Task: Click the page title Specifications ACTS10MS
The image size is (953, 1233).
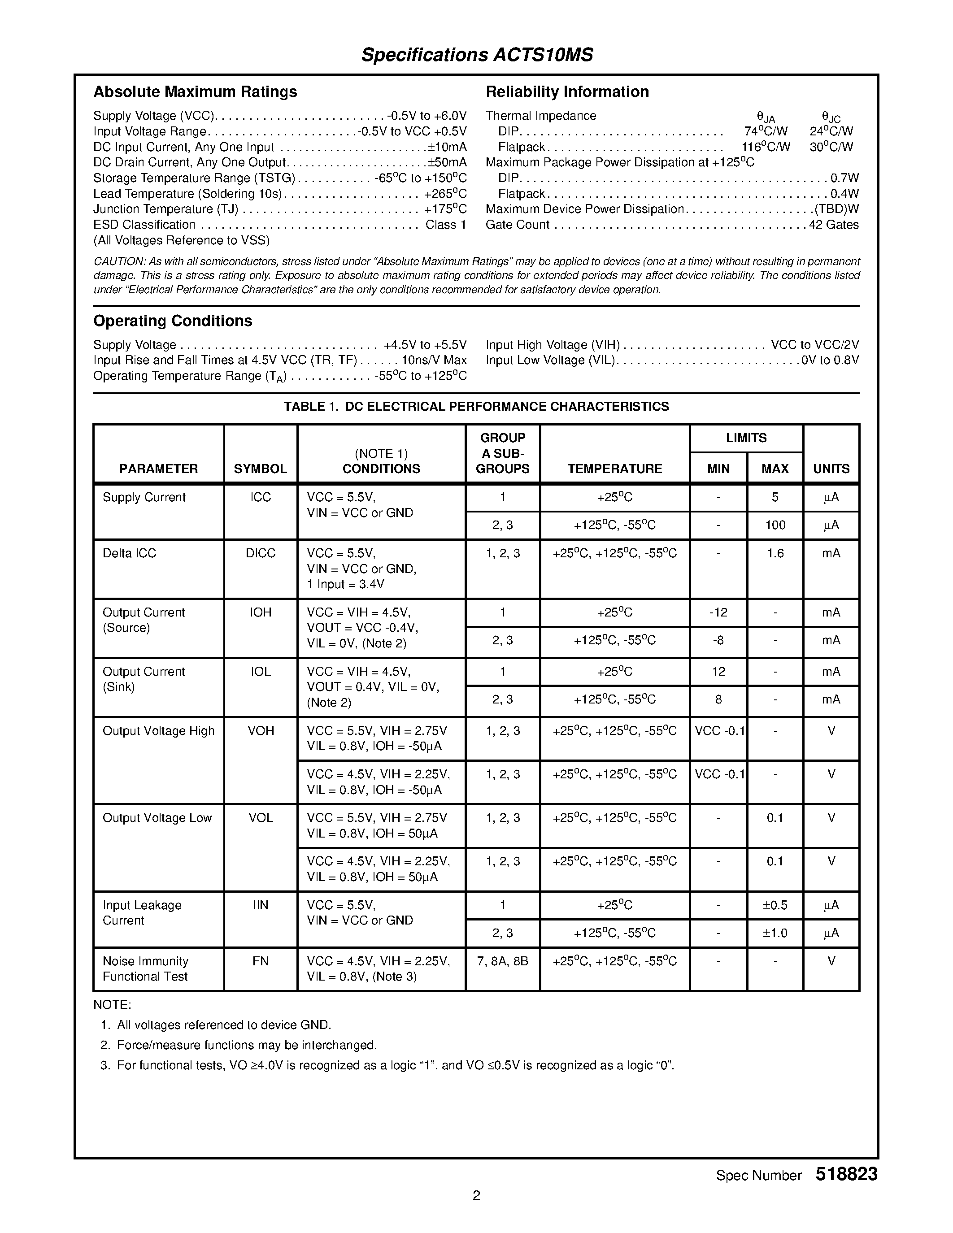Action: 477,55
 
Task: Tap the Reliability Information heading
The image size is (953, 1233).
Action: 567,91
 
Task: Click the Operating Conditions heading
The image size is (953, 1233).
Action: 172,321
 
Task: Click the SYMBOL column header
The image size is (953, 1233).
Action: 260,469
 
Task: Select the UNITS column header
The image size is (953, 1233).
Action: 831,469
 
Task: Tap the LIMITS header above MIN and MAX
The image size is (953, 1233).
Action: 746,438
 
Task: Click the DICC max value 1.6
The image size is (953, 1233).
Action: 775,553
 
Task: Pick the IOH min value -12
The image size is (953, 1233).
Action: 718,612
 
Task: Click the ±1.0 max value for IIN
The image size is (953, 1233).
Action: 775,933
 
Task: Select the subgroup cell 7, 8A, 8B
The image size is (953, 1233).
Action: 502,961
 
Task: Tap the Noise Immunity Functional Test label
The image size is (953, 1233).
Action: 145,969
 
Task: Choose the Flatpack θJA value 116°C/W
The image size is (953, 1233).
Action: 766,147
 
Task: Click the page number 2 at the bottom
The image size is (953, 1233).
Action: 476,1195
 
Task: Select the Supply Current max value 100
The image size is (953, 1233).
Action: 775,525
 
